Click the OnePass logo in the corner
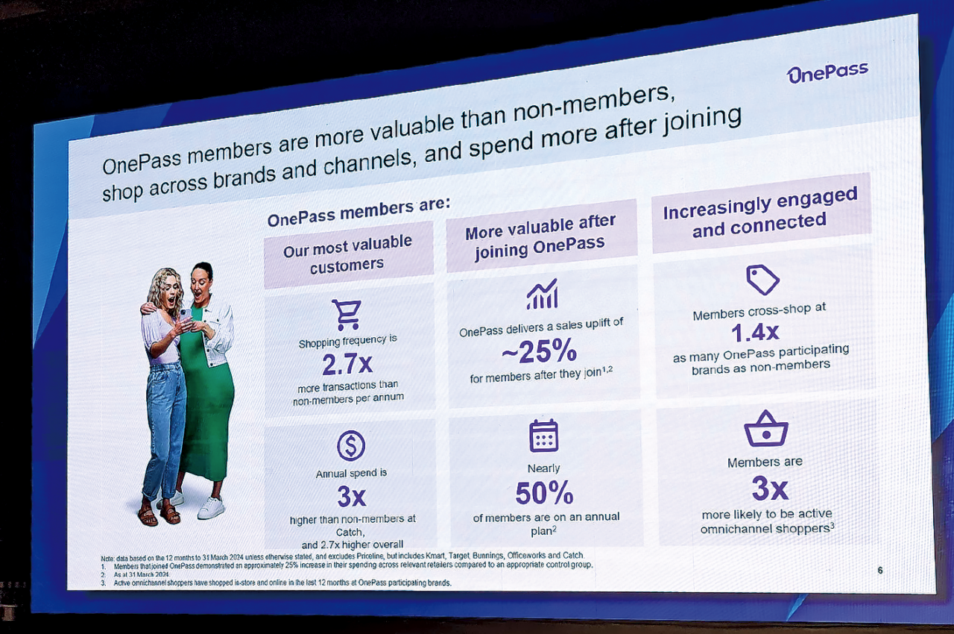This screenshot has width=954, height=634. (x=827, y=73)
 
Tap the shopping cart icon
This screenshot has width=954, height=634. (x=347, y=315)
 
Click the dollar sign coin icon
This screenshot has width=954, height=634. (x=351, y=445)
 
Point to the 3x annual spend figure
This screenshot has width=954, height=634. (x=350, y=495)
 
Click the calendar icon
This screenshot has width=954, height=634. (x=543, y=436)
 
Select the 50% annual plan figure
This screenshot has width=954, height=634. (x=544, y=493)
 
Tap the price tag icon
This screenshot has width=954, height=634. (x=762, y=280)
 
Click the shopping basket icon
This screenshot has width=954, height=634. (x=765, y=429)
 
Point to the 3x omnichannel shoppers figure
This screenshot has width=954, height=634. (x=769, y=489)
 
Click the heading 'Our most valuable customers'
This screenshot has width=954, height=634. (x=348, y=254)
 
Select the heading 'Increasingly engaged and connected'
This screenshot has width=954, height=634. (x=760, y=213)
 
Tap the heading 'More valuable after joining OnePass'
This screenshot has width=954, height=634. (x=541, y=236)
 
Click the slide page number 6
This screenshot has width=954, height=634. (x=879, y=571)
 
